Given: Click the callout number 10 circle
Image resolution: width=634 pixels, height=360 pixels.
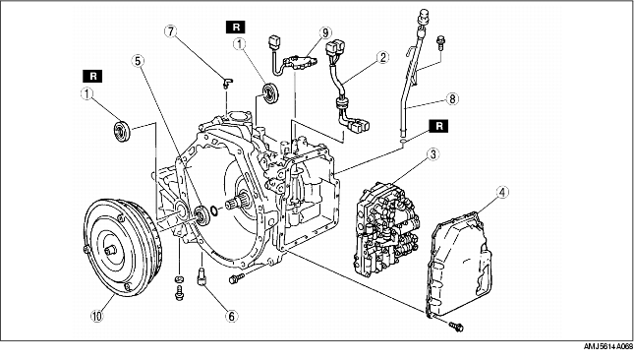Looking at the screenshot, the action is (x=97, y=316).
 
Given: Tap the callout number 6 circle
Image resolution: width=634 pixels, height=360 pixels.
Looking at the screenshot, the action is (x=231, y=316).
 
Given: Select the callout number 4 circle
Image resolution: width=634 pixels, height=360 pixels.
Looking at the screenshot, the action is (x=502, y=192).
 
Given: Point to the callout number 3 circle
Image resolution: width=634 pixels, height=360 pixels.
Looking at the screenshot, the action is (x=432, y=154).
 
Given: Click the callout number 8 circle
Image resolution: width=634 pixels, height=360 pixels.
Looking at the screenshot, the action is (x=452, y=98).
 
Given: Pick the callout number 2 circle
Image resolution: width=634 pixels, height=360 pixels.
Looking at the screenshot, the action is (x=382, y=57).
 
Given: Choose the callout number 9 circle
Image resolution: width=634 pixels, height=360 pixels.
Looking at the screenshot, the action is (x=324, y=32).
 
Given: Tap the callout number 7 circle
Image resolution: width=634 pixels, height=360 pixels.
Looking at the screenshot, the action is (x=171, y=31).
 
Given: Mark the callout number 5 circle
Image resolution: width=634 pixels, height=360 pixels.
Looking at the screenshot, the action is (x=138, y=61).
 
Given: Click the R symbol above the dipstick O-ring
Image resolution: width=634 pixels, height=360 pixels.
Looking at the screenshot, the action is (x=439, y=126).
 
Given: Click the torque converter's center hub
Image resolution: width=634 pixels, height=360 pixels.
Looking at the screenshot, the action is (x=110, y=251).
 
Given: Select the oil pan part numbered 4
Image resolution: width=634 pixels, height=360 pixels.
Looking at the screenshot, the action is (x=459, y=263).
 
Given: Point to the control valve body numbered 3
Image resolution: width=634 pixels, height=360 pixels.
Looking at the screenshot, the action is (x=386, y=228).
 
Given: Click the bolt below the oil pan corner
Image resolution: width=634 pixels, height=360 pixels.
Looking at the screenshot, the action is (x=456, y=326).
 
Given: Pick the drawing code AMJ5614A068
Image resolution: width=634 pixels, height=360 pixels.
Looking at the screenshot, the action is (x=607, y=346).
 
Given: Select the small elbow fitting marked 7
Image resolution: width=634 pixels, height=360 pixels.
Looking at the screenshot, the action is (x=228, y=82).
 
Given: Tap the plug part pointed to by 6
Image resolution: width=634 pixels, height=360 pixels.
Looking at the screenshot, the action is (x=202, y=277).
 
